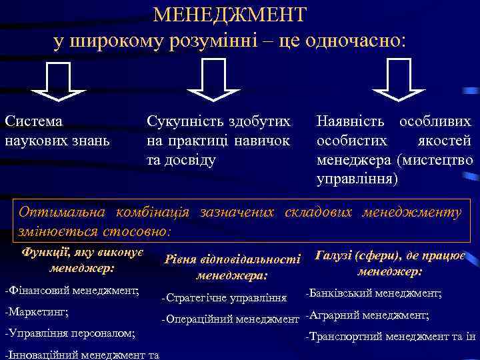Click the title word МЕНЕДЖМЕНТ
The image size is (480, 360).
230,15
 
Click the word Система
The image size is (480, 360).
34,122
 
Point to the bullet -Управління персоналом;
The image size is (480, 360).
69,332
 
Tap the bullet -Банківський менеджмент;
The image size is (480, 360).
373,293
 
